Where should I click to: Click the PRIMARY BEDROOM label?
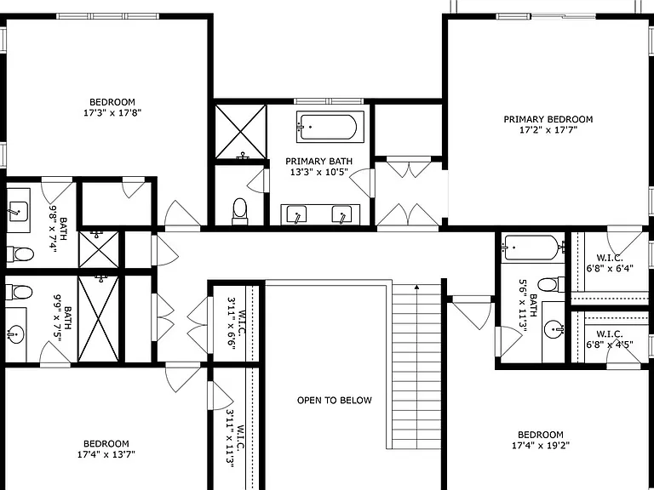[x=548, y=119]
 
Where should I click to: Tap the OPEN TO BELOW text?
[x=334, y=401]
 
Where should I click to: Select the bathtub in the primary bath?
[x=330, y=126]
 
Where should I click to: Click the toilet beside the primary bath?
[x=240, y=211]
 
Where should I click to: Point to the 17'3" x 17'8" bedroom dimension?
[x=112, y=112]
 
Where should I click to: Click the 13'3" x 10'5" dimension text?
[x=319, y=172]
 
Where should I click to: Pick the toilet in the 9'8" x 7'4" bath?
[x=20, y=254]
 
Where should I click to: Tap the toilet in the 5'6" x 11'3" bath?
[x=551, y=285]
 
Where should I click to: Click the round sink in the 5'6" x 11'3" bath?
[x=554, y=330]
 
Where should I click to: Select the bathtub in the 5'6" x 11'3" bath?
[x=533, y=247]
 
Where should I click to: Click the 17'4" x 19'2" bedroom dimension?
[x=541, y=446]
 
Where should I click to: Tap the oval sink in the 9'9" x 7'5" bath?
[x=16, y=334]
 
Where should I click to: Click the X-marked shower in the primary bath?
[x=240, y=132]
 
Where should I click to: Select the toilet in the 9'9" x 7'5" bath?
[x=19, y=292]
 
